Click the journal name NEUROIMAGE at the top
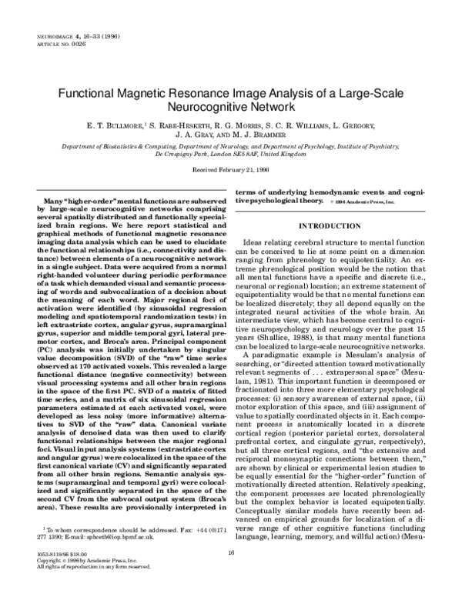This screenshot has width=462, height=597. pyautogui.click(x=50, y=35)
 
